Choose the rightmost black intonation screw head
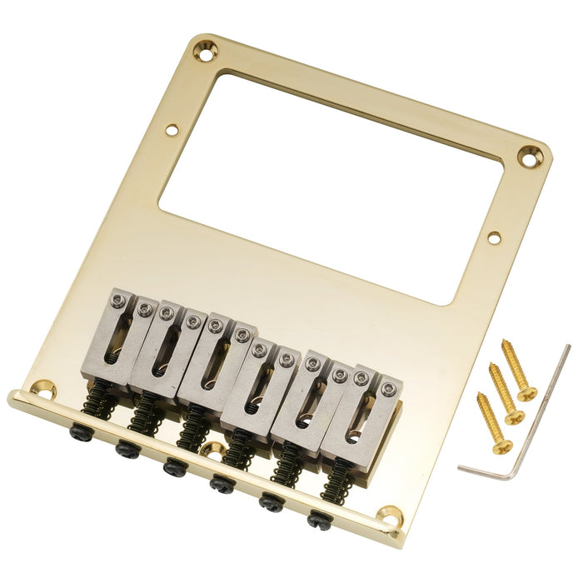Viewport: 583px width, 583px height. (x=320, y=521)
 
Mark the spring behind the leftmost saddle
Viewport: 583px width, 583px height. (x=101, y=402)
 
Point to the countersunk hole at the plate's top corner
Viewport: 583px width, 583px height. (x=202, y=52)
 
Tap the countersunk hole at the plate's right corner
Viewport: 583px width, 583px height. (x=529, y=155)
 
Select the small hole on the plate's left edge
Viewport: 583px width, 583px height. (x=171, y=130)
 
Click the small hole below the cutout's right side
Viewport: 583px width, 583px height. (x=495, y=238)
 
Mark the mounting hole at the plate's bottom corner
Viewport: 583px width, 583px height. (x=388, y=518)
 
